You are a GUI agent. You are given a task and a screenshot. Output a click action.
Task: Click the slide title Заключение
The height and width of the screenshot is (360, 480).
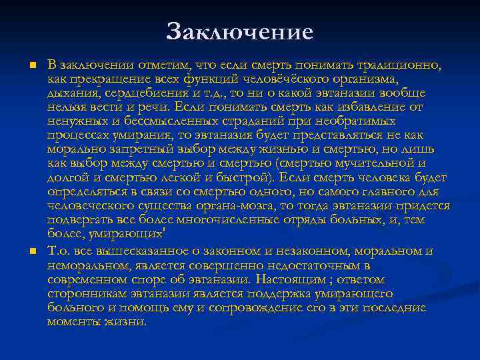point(240,31)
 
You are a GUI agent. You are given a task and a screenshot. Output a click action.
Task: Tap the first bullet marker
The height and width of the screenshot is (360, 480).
point(31,65)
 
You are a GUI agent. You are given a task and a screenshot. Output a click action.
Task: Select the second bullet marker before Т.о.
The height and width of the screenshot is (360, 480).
point(31,251)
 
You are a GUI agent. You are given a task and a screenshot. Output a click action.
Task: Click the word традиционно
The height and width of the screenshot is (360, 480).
point(403,65)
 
